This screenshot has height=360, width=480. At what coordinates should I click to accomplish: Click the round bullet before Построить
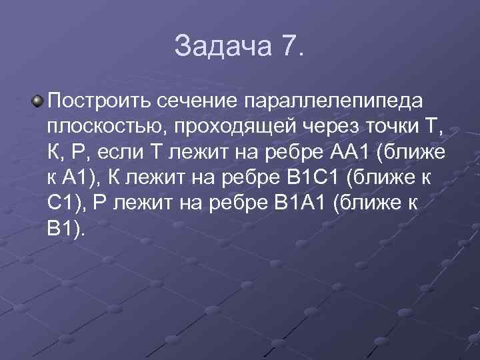click(x=39, y=101)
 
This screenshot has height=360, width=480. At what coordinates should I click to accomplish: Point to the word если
click(x=123, y=153)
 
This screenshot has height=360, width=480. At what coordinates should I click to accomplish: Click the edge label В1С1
click(x=305, y=178)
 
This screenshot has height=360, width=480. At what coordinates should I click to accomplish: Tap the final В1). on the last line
click(x=67, y=229)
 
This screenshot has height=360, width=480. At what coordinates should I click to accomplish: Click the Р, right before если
click(x=83, y=153)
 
